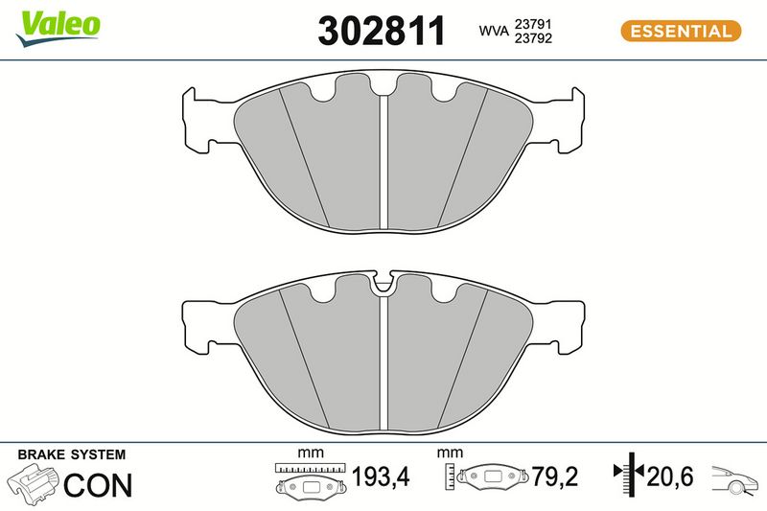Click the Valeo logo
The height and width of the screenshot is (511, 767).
click(x=58, y=29)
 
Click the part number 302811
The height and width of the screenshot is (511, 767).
click(x=382, y=31)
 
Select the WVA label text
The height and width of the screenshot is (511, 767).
click(x=494, y=31)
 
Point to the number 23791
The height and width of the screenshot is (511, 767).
click(x=533, y=24)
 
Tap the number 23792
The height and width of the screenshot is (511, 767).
click(x=533, y=38)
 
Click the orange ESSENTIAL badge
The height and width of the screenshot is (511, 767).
click(x=681, y=32)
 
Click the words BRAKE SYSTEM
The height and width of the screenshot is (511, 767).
click(x=71, y=454)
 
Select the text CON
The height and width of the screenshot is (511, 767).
click(x=98, y=485)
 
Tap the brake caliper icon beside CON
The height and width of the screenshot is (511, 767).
click(x=33, y=484)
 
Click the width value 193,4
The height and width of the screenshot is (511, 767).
click(x=381, y=476)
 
